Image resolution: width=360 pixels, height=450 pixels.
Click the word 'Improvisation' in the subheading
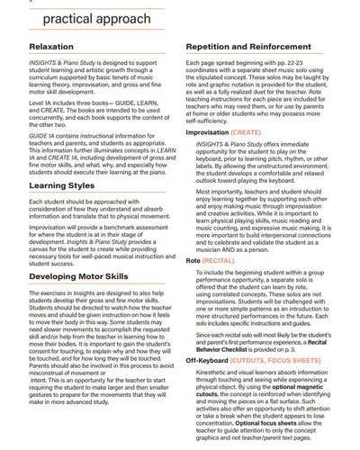pyautogui.click(x=207, y=131)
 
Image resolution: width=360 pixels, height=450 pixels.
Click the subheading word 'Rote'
pyautogui.click(x=193, y=259)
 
